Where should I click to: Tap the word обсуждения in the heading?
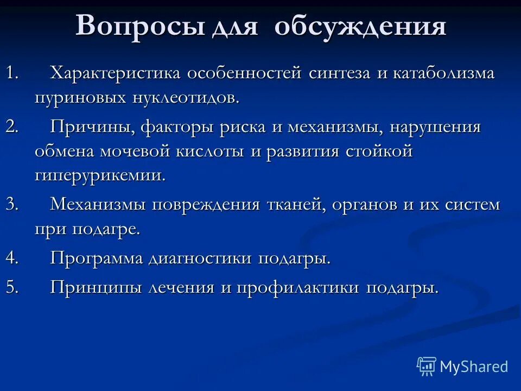(x=360, y=26)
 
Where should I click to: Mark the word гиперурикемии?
(x=100, y=176)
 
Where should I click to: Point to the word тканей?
(x=297, y=205)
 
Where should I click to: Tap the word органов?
(x=378, y=205)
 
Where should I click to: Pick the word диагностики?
(x=200, y=258)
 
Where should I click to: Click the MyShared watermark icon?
(x=427, y=367)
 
